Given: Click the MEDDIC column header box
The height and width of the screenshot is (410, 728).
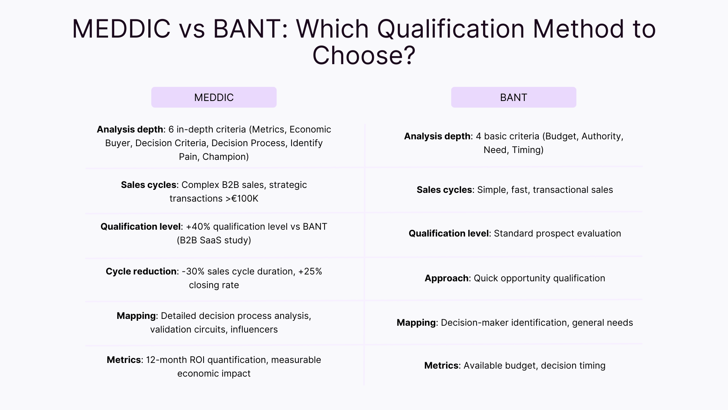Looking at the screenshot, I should coord(214,97).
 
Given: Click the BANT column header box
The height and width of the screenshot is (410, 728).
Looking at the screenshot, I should coord(513,97).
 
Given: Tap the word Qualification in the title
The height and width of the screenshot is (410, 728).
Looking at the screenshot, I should coord(450,29).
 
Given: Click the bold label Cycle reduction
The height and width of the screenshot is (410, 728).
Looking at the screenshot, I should coord(141,271).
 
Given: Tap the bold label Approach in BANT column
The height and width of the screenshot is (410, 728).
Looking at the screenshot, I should coord(446,278).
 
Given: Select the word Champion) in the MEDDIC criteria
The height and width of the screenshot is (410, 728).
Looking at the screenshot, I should coord(226,157).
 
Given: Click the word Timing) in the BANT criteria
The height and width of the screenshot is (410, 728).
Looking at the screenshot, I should coord(528,150).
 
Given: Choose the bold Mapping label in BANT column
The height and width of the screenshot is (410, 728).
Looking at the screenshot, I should coord(416,323).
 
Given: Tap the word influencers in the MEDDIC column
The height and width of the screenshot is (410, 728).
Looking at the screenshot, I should coord(254,330).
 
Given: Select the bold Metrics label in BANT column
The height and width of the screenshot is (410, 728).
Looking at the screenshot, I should coord(441,366).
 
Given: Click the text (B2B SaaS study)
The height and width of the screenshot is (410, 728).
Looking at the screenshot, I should coord(214,240).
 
